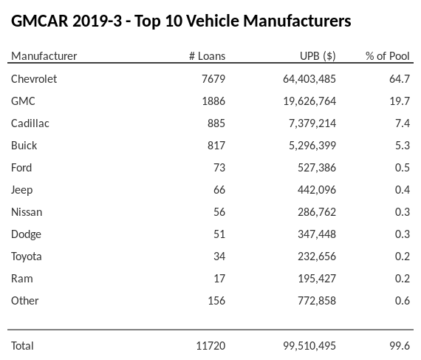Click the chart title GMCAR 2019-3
181,21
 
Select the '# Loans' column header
207,56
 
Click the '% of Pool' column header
388,56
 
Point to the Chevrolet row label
34,78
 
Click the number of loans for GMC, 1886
213,101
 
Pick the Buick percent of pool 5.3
402,145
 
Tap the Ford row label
21,167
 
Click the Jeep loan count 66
219,189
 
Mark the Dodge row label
26,234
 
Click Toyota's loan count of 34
219,256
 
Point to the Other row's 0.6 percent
402,300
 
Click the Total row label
22,345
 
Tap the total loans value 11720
210,345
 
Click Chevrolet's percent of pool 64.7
400,78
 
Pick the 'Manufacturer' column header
44,56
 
